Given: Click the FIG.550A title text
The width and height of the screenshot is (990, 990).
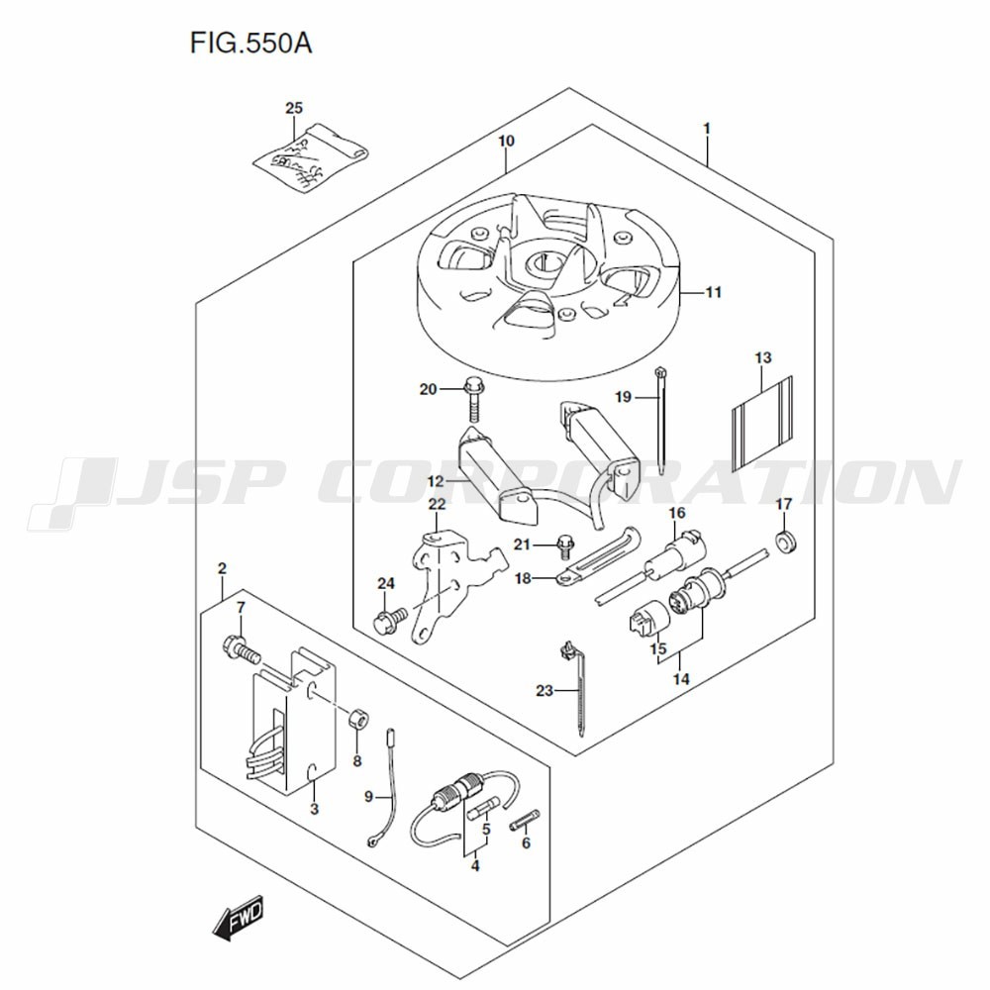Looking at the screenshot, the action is click(x=251, y=45).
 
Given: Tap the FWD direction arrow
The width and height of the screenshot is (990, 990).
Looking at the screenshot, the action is click(x=238, y=922).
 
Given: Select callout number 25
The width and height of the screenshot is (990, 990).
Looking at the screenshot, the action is click(x=294, y=108).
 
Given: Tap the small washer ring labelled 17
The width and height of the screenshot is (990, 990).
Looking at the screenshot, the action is click(x=785, y=542).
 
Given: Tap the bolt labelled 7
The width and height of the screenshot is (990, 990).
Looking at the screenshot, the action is click(x=242, y=649).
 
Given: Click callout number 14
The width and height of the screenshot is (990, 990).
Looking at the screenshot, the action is click(x=681, y=679).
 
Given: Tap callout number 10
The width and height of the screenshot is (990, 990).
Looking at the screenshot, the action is click(x=506, y=141).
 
